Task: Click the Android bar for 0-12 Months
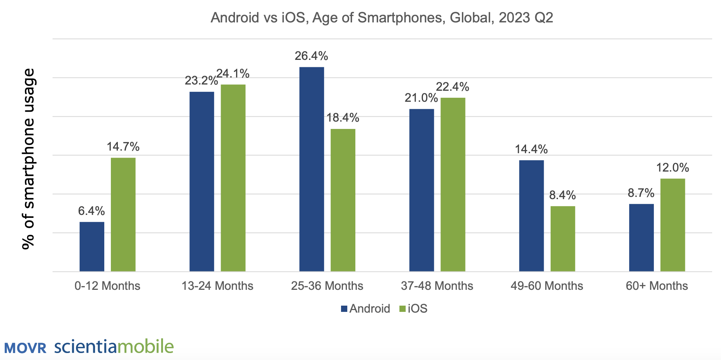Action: click(92, 246)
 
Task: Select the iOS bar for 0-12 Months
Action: click(123, 215)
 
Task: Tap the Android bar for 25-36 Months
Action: click(312, 169)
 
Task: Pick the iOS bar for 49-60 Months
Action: click(563, 239)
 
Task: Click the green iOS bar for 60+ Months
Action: click(673, 225)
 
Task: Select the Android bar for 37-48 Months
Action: click(421, 190)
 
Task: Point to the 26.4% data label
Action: click(311, 56)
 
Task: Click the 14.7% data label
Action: click(123, 147)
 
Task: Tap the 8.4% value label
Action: click(562, 195)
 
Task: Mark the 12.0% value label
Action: click(673, 168)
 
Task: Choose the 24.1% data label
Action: click(233, 74)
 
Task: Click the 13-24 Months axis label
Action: click(217, 286)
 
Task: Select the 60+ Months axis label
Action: click(657, 286)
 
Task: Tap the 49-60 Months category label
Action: click(547, 286)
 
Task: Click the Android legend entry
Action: click(365, 309)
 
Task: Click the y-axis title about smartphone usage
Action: click(28, 159)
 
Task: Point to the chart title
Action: click(382, 18)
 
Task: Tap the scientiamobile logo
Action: click(114, 346)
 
